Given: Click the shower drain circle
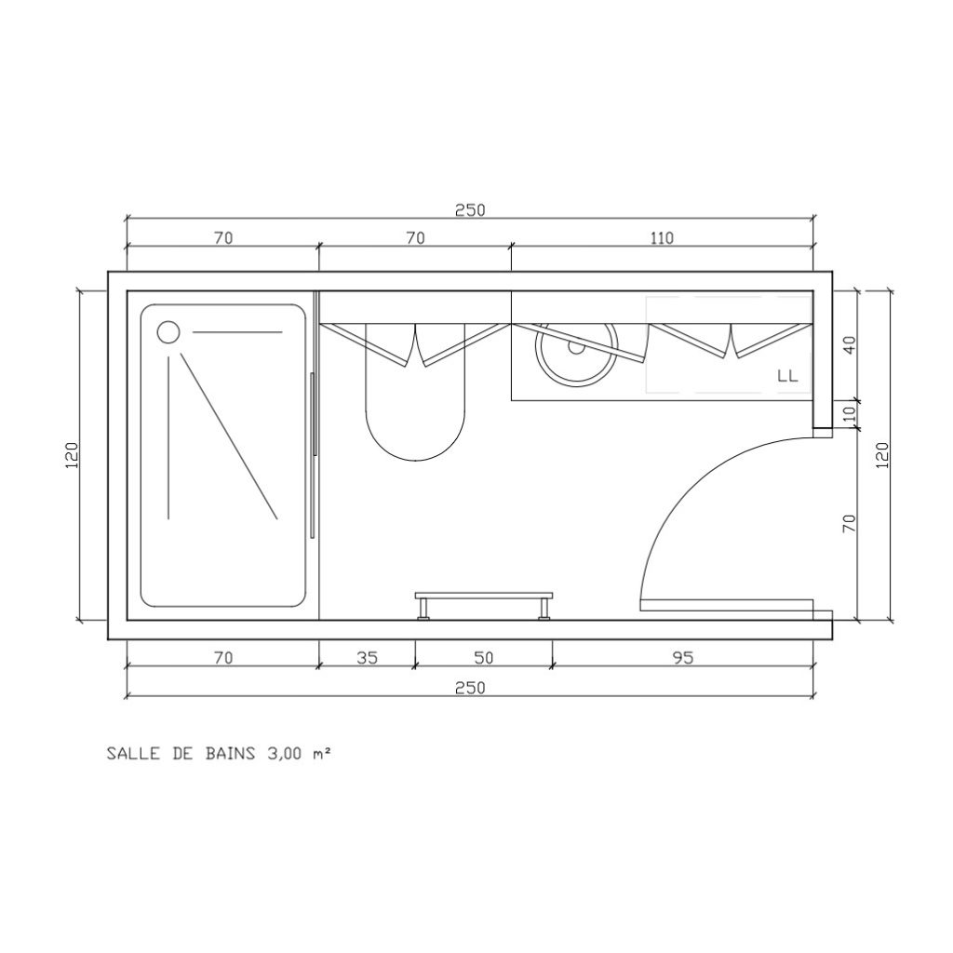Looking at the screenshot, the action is (x=168, y=332).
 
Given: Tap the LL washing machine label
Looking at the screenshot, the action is (x=787, y=376).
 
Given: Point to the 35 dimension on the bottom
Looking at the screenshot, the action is (x=367, y=658).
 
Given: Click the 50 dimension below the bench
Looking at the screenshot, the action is (x=483, y=658).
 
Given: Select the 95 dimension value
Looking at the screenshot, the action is (x=683, y=658).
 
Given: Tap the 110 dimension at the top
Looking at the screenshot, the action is (x=662, y=237).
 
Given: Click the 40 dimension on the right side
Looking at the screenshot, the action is (x=850, y=345).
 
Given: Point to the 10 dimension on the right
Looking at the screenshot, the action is (x=850, y=414).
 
